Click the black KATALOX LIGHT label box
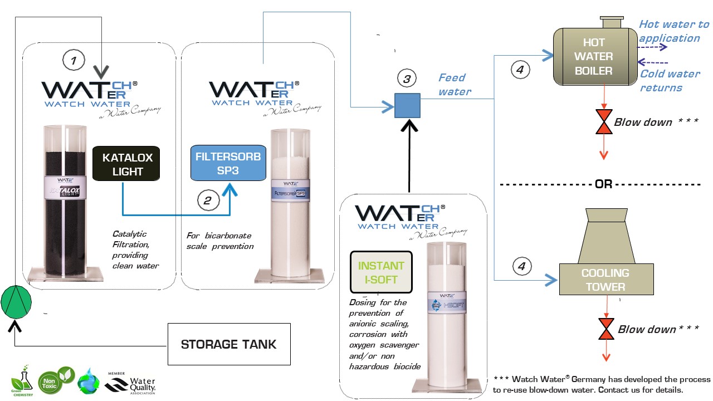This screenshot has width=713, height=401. [x=128, y=164]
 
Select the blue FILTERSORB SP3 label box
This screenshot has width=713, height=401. [x=227, y=163]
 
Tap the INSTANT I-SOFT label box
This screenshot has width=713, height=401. [x=381, y=272]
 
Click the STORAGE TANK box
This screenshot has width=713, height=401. [x=228, y=344]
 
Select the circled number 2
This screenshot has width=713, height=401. [x=207, y=201]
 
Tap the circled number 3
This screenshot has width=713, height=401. [x=407, y=79]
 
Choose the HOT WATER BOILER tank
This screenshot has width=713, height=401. [x=595, y=57]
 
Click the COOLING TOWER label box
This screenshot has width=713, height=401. [x=605, y=280]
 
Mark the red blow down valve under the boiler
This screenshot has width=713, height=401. [x=604, y=123]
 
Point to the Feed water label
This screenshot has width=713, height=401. [x=454, y=84]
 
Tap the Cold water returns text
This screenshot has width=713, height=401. [x=668, y=81]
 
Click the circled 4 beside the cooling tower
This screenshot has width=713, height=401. [x=521, y=267]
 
